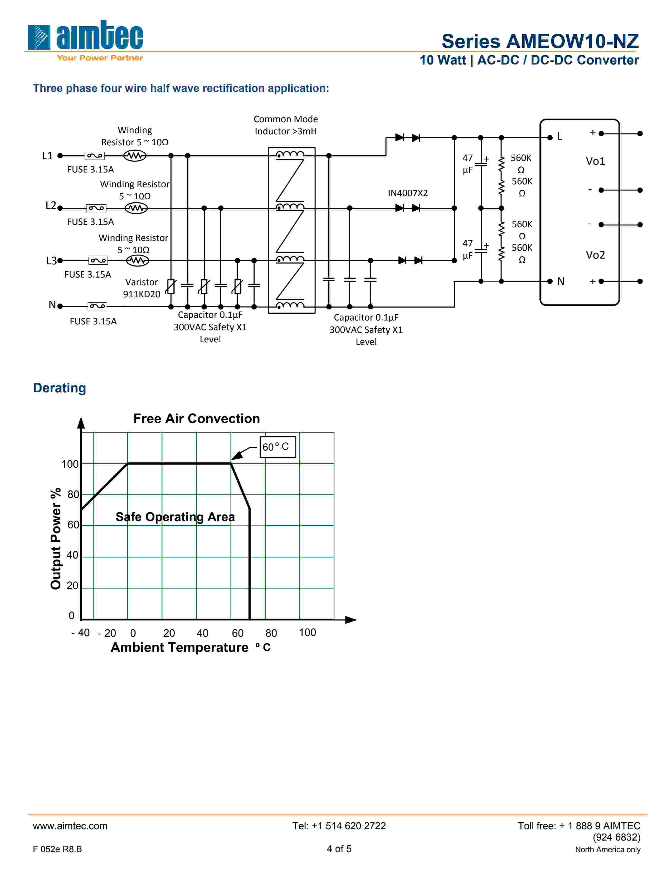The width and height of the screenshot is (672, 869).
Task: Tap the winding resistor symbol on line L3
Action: (137, 261)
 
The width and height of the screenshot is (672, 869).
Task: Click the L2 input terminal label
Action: (51, 206)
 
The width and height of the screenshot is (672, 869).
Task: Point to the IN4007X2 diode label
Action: (408, 193)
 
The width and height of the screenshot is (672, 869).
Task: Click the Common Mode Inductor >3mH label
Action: (285, 125)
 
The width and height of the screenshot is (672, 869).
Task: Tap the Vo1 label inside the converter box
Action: (595, 161)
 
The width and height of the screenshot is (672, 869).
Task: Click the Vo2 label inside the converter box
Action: (595, 255)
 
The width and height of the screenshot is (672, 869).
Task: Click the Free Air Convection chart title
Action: (196, 419)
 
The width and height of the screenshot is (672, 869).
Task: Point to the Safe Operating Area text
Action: (175, 517)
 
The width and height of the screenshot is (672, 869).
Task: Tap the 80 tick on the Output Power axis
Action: (73, 495)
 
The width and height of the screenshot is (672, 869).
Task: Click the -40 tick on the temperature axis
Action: (80, 633)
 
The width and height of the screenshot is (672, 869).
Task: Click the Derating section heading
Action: (59, 388)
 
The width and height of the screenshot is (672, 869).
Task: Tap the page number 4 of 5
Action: (339, 849)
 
